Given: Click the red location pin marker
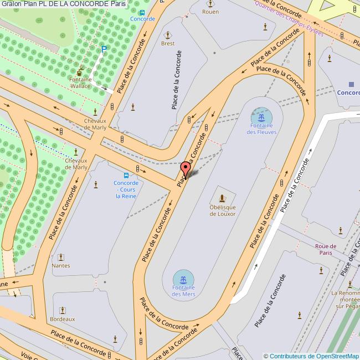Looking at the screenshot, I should click(186, 168).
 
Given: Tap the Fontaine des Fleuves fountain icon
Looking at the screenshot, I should click(261, 117).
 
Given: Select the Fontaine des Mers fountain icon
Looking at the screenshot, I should click(183, 277).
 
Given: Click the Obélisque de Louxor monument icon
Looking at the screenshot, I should click(223, 198).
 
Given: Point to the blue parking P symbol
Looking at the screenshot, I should click(104, 50).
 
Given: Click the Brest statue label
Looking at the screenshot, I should click(167, 43).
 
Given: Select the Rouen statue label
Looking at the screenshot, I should click(210, 11).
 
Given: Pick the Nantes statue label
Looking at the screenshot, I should click(60, 265).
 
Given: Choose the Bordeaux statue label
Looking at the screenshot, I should click(62, 319).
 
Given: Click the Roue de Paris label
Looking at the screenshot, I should click(325, 249).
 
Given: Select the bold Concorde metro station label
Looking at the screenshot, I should click(348, 92).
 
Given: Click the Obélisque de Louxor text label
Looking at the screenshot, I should click(223, 210).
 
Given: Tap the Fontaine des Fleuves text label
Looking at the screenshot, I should click(261, 129).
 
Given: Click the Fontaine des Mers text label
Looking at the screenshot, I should click(183, 291).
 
